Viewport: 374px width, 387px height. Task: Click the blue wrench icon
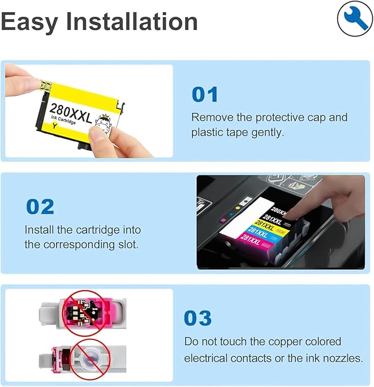pyautogui.click(x=355, y=19)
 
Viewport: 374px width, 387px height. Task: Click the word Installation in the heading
pyautogui.click(x=132, y=22)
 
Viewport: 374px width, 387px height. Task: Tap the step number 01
pyautogui.click(x=205, y=94)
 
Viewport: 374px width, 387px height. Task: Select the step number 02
pyautogui.click(x=40, y=207)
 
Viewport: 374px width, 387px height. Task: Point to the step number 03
pyautogui.click(x=198, y=318)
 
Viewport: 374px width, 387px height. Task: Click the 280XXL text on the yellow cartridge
pyautogui.click(x=71, y=114)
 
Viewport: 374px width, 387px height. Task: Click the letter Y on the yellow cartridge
pyautogui.click(x=55, y=126)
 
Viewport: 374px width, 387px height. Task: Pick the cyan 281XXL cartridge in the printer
pyautogui.click(x=263, y=232)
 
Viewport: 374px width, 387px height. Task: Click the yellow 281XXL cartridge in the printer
pyautogui.click(x=271, y=226)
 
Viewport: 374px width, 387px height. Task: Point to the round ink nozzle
pyautogui.click(x=89, y=358)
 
